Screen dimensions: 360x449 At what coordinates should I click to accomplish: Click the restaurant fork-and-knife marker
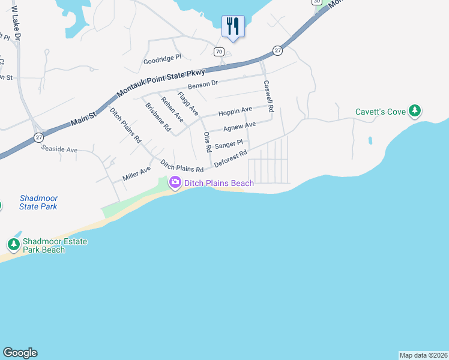pyautogui.click(x=232, y=26)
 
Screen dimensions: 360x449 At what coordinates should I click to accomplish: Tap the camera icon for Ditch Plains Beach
pyautogui.click(x=175, y=182)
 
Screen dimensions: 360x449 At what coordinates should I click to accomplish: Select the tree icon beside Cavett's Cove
pyautogui.click(x=414, y=111)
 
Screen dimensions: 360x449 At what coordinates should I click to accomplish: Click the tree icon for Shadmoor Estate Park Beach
pyautogui.click(x=13, y=245)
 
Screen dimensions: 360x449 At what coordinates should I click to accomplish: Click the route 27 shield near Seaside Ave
pyautogui.click(x=39, y=137)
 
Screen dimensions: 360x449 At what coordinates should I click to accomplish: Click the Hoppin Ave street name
pyautogui.click(x=235, y=112)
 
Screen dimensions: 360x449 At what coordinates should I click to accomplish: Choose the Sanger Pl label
pyautogui.click(x=228, y=144)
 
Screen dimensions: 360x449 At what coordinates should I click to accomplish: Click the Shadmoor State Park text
pyautogui.click(x=38, y=202)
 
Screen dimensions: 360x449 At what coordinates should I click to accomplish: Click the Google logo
pyautogui.click(x=20, y=353)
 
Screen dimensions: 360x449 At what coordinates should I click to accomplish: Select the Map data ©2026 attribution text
pyautogui.click(x=423, y=355)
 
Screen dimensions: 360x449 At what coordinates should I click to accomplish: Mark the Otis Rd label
pyautogui.click(x=207, y=141)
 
